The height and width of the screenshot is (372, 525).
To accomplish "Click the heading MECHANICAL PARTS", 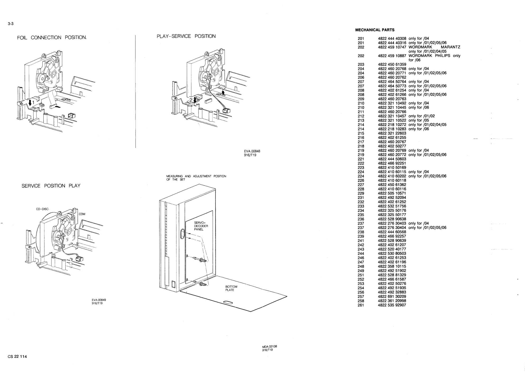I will (375, 30).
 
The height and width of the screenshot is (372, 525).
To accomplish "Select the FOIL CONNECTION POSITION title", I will (52, 38).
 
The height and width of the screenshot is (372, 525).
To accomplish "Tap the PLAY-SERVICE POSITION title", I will (186, 36).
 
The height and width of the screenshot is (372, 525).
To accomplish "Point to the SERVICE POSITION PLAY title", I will (51, 186).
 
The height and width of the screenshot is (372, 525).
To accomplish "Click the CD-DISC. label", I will (43, 209).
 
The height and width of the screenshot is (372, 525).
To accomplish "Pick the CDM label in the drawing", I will (82, 214).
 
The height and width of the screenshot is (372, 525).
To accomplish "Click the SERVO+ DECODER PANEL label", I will (201, 226).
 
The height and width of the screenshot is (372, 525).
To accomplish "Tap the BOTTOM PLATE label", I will (231, 288).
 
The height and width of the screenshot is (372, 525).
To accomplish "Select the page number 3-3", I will (11, 24).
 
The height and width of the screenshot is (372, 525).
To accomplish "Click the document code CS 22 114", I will (17, 356).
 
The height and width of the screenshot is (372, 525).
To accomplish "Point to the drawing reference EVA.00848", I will (252, 151).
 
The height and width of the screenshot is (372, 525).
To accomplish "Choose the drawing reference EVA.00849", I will (99, 300).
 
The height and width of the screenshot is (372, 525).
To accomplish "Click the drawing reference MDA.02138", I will (269, 346).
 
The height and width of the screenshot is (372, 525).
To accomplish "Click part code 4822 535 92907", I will (392, 305).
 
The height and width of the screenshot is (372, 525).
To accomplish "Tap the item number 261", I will (361, 305).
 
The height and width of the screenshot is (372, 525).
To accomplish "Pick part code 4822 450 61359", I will (392, 64).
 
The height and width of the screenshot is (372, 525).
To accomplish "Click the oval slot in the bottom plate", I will (228, 303).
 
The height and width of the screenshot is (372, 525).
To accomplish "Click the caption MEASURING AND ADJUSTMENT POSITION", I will (196, 176).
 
